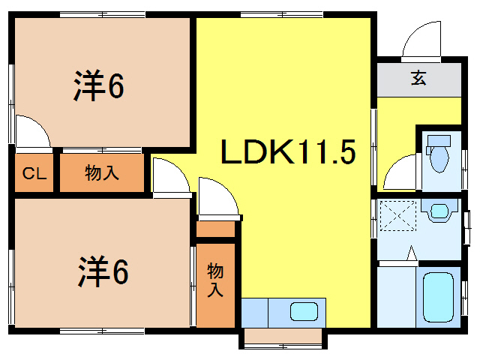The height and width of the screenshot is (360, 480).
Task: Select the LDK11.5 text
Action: pos(286,153)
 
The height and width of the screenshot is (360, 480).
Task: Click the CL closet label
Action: pos(33,174)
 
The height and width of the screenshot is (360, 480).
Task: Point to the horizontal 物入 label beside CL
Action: pos(101,173)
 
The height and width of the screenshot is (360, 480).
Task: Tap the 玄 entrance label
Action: pos(418,78)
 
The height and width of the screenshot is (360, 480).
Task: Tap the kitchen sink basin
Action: pos(303,310)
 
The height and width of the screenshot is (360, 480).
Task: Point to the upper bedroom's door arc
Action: pos(31,131)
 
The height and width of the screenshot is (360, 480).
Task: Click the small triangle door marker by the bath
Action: pos(410,254)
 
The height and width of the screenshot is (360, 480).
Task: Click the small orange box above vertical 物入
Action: pos(216,229)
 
